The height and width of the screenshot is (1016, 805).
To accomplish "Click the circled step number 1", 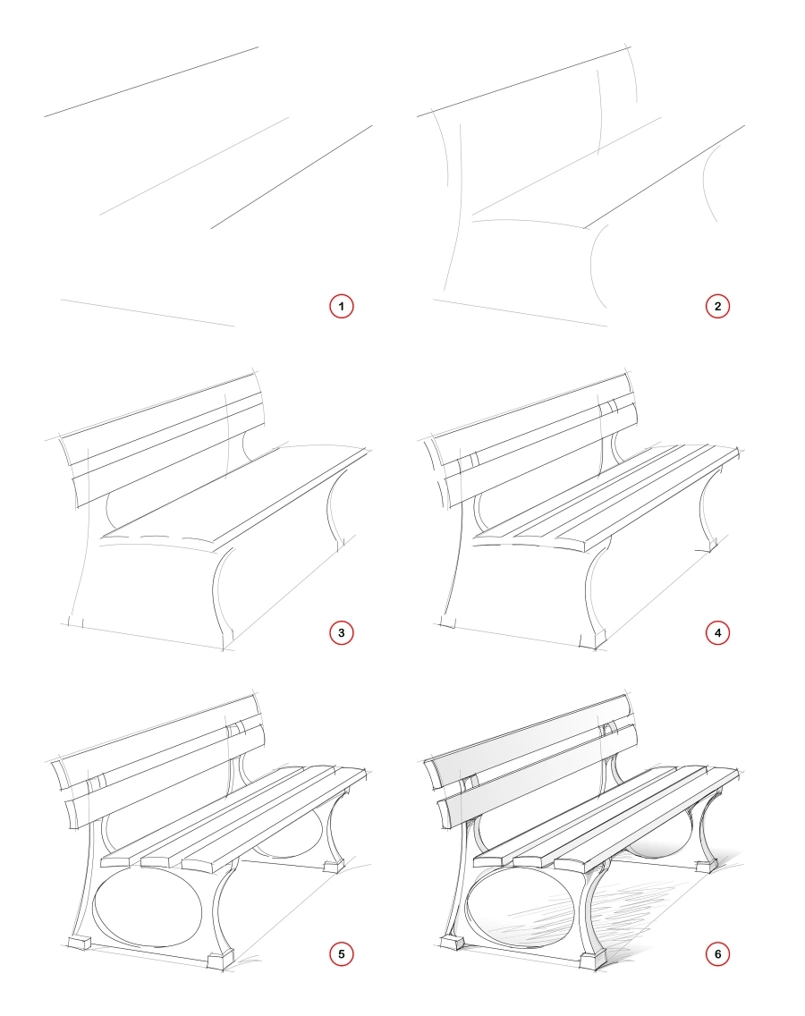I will [x=341, y=306].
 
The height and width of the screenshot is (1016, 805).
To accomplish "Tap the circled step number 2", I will [x=716, y=306].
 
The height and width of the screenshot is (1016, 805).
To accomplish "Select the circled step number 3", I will [x=341, y=633].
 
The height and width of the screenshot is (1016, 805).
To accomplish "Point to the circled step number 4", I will [x=716, y=633].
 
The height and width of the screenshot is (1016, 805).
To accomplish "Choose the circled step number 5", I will [x=341, y=954].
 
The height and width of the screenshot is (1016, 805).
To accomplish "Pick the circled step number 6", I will [x=716, y=954].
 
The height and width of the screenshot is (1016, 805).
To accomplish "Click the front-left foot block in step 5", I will [x=80, y=944].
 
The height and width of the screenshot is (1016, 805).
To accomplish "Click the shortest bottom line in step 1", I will [x=148, y=313].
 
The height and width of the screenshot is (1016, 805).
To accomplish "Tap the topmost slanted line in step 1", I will [x=152, y=81].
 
